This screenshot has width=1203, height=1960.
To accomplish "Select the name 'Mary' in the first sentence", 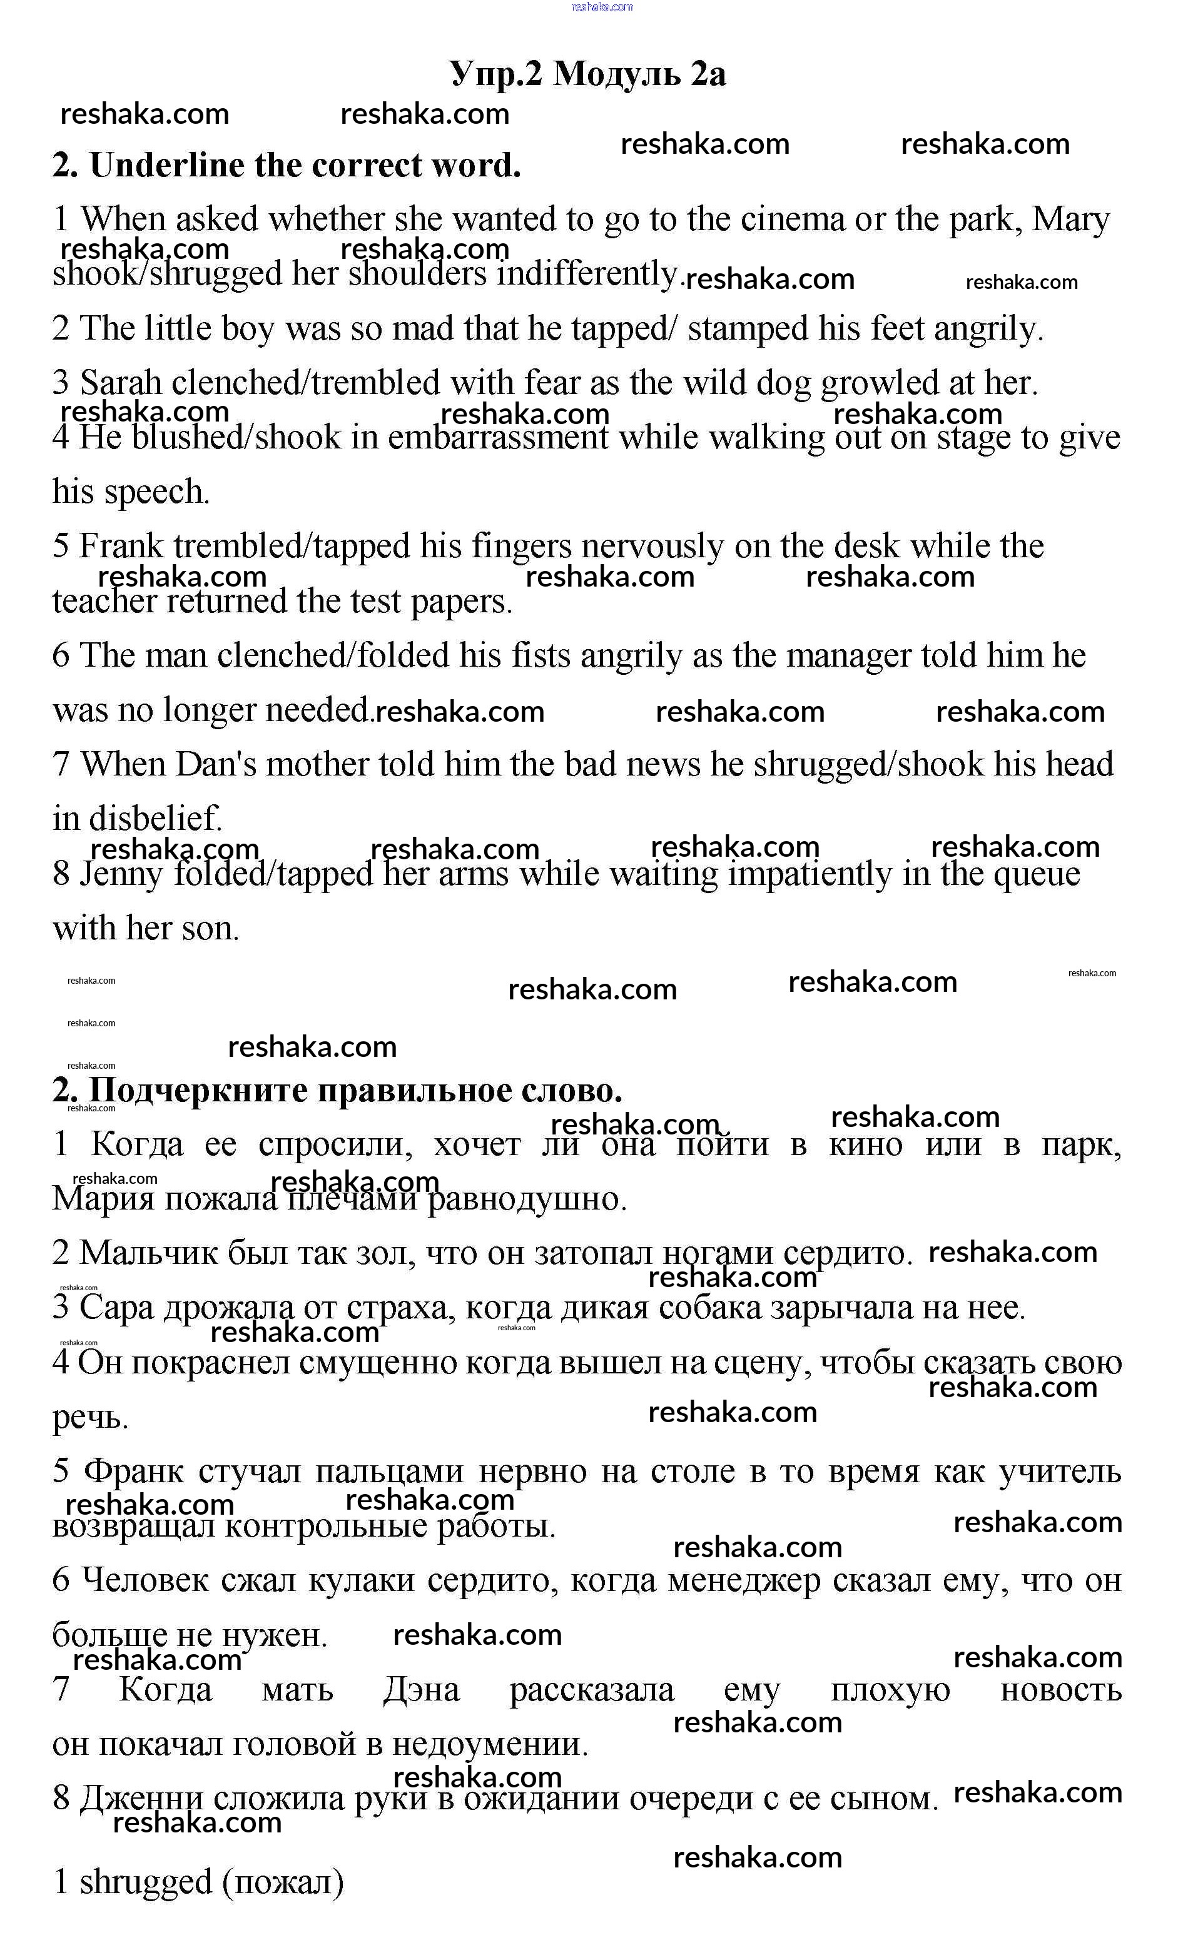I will (1070, 220).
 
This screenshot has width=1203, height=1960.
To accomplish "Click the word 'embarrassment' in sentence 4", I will (497, 438).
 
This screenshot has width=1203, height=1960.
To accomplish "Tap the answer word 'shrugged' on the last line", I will (146, 1883).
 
